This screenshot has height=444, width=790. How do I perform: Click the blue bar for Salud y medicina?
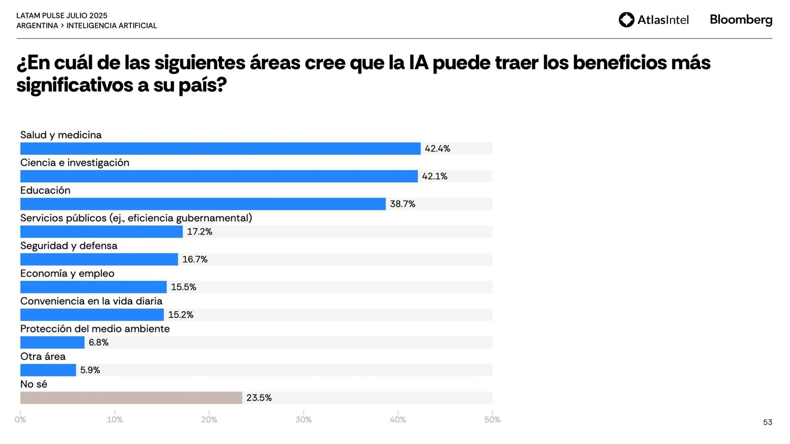tap(220, 148)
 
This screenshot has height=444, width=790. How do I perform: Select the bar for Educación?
tap(203, 204)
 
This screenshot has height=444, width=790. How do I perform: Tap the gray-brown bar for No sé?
tap(131, 398)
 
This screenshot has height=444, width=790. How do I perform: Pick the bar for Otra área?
tap(48, 370)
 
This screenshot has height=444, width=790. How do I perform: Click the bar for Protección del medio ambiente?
tap(52, 342)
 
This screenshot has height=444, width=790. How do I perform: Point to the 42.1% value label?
tap(434, 176)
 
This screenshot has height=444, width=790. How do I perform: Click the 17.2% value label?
tap(199, 231)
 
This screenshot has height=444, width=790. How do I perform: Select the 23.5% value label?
tap(259, 398)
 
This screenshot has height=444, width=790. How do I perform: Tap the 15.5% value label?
tap(183, 287)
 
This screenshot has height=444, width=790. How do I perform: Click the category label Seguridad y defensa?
tap(69, 246)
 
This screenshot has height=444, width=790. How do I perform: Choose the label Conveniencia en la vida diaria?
tap(91, 301)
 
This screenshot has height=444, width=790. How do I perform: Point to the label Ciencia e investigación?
tap(75, 163)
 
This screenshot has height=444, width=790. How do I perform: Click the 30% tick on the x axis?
tap(304, 419)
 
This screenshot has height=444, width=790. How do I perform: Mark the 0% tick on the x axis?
tap(20, 419)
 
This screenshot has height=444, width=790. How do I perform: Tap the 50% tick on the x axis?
tap(492, 419)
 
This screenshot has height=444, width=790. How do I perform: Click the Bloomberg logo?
tap(741, 20)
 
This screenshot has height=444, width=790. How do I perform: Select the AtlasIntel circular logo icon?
tap(626, 20)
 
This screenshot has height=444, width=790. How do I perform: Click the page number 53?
tap(767, 422)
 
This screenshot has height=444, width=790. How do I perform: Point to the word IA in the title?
tap(418, 63)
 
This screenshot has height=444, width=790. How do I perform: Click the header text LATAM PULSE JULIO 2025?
tap(62, 16)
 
